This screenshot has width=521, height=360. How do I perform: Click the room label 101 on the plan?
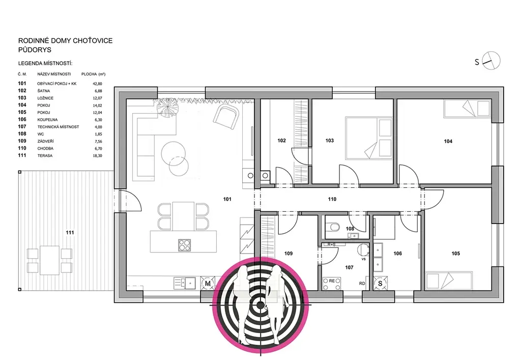[x=227, y=199]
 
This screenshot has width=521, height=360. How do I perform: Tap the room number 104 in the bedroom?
[x=448, y=141]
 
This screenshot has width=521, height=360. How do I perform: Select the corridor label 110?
[x=332, y=199]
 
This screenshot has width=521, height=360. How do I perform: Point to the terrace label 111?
[x=70, y=232]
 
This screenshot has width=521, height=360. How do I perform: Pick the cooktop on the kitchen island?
[x=184, y=245]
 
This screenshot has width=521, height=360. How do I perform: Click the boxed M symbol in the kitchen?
[x=208, y=283]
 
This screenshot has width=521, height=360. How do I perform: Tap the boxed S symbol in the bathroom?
[x=380, y=283]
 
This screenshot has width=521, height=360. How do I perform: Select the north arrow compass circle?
[x=491, y=61]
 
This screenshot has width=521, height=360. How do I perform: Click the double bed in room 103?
[x=368, y=138]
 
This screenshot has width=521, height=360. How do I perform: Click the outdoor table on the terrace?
[x=49, y=260]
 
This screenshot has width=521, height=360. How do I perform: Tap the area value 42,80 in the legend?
[x=97, y=84]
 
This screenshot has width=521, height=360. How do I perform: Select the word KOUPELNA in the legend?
[x=47, y=120]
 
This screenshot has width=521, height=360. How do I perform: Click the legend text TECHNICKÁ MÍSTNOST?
[x=58, y=127]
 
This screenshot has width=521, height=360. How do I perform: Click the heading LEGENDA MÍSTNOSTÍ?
[x=45, y=64]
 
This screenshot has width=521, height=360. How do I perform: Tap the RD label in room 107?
[x=362, y=284]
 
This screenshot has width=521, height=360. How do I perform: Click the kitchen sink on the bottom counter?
[x=190, y=283]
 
